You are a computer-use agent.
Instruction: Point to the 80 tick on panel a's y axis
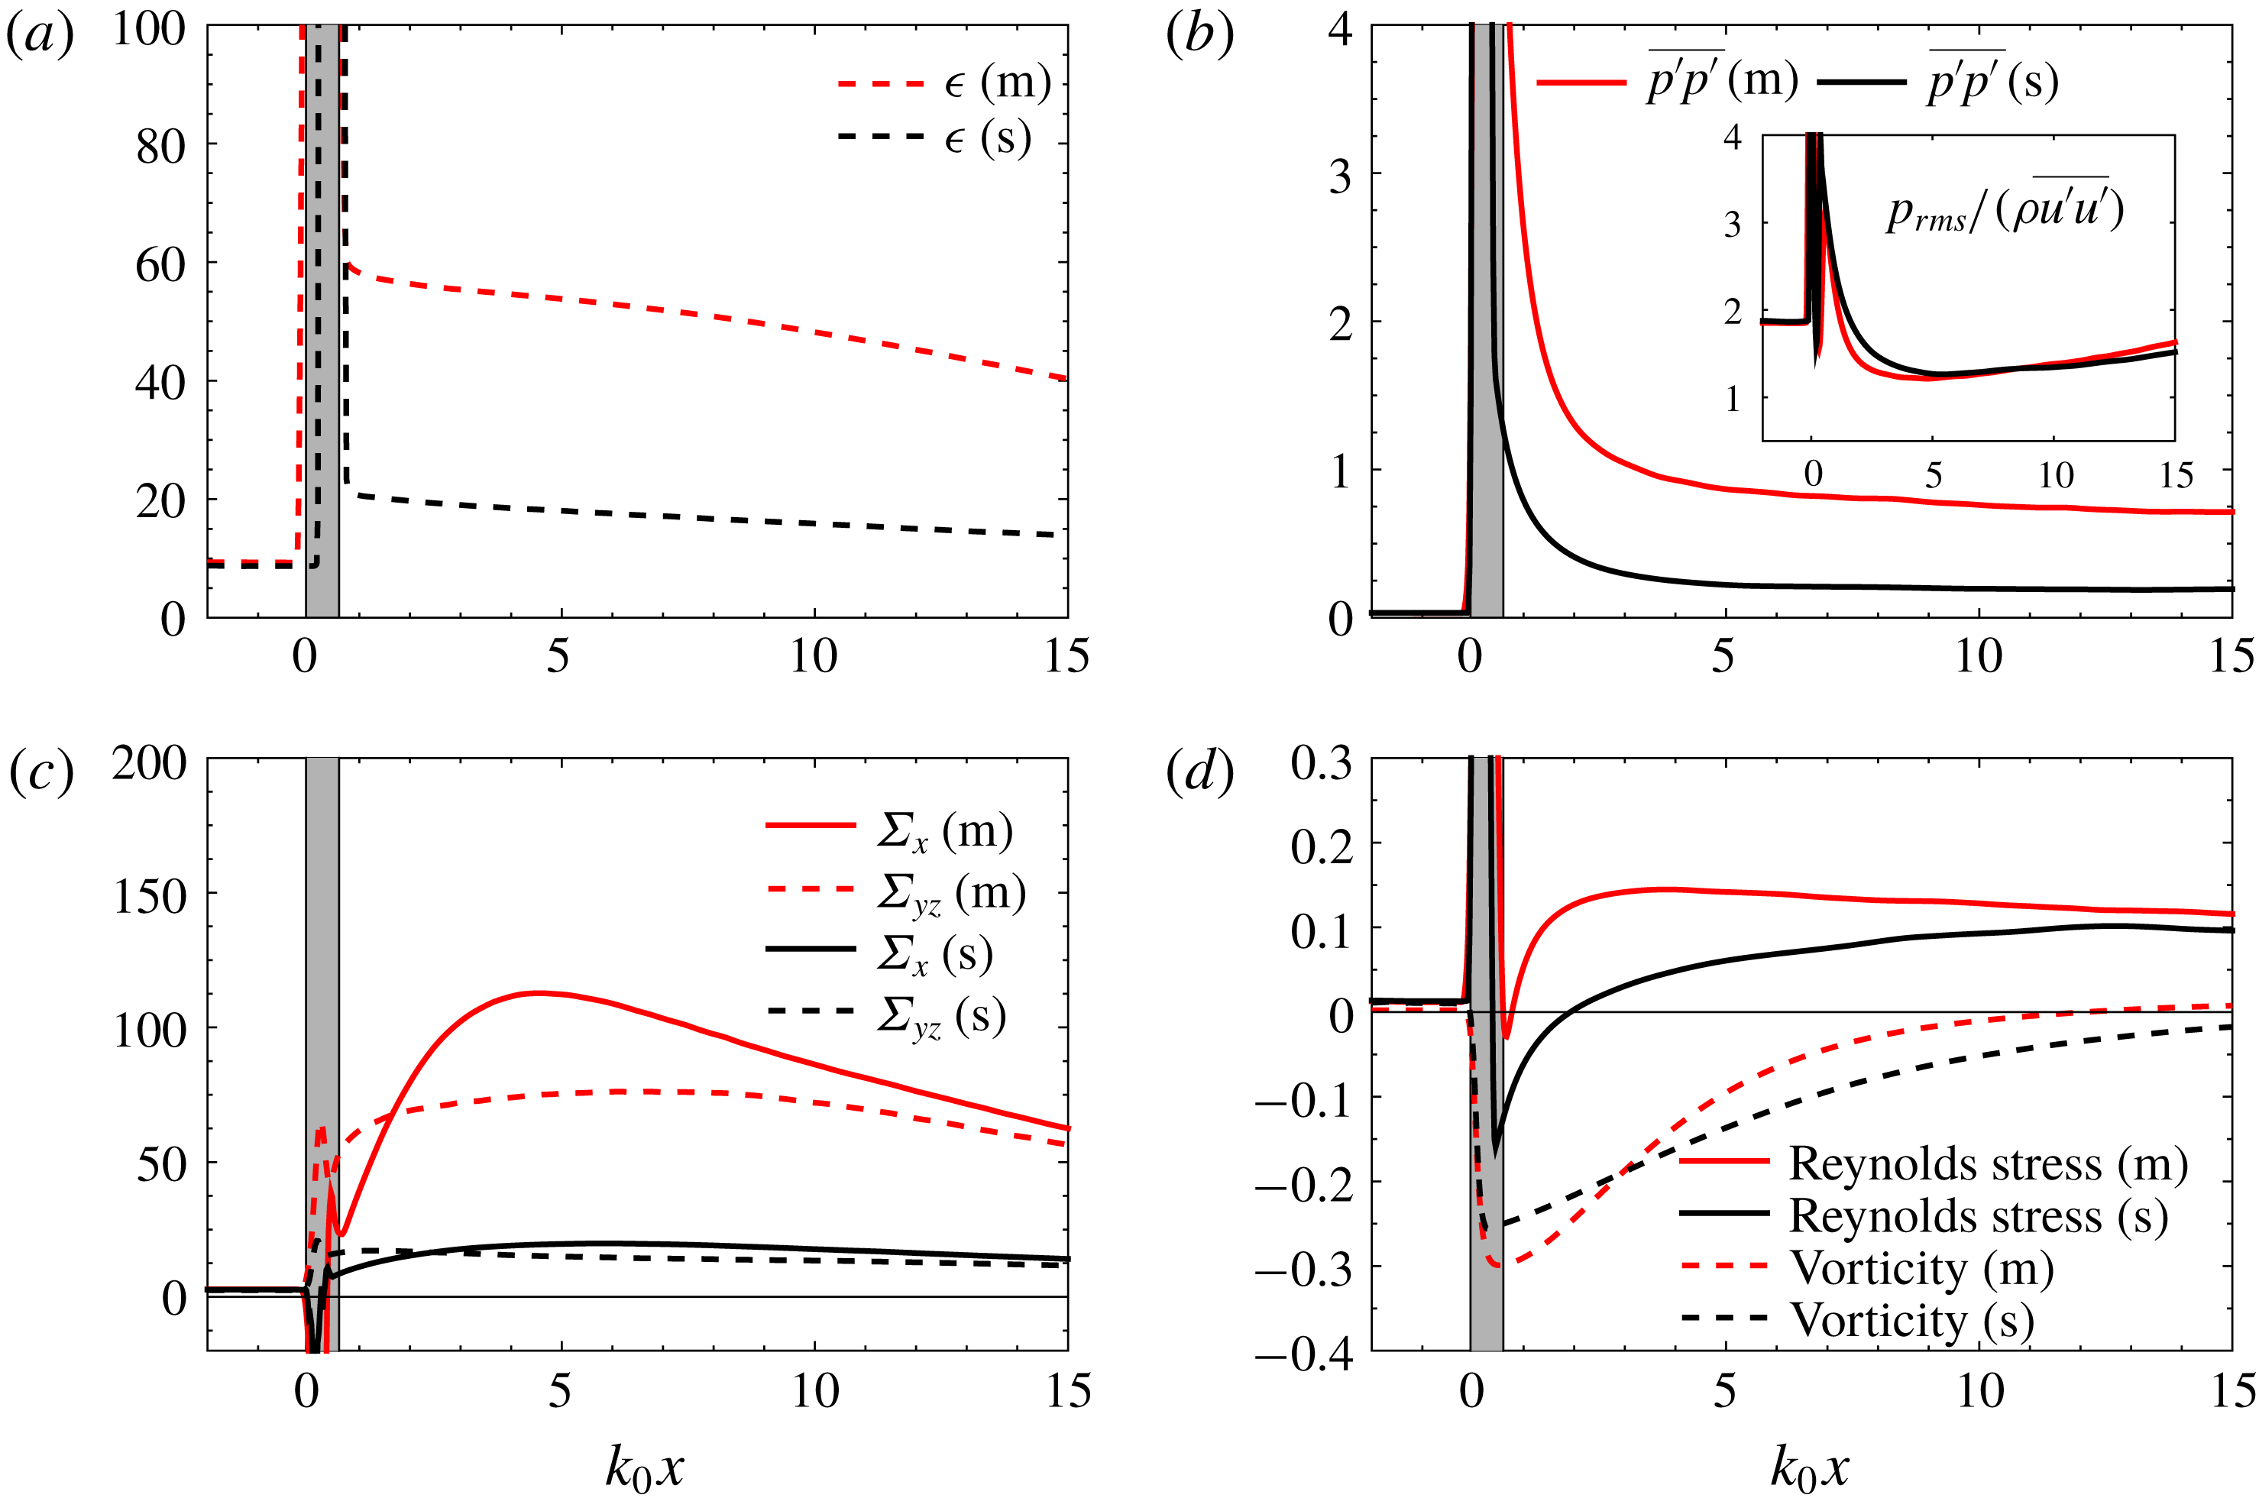point(161,147)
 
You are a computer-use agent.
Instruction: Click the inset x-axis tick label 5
point(1934,475)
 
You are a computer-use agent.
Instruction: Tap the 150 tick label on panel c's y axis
point(150,897)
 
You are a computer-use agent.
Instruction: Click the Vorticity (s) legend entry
point(1912,1319)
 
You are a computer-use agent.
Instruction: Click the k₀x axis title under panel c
point(644,1468)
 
